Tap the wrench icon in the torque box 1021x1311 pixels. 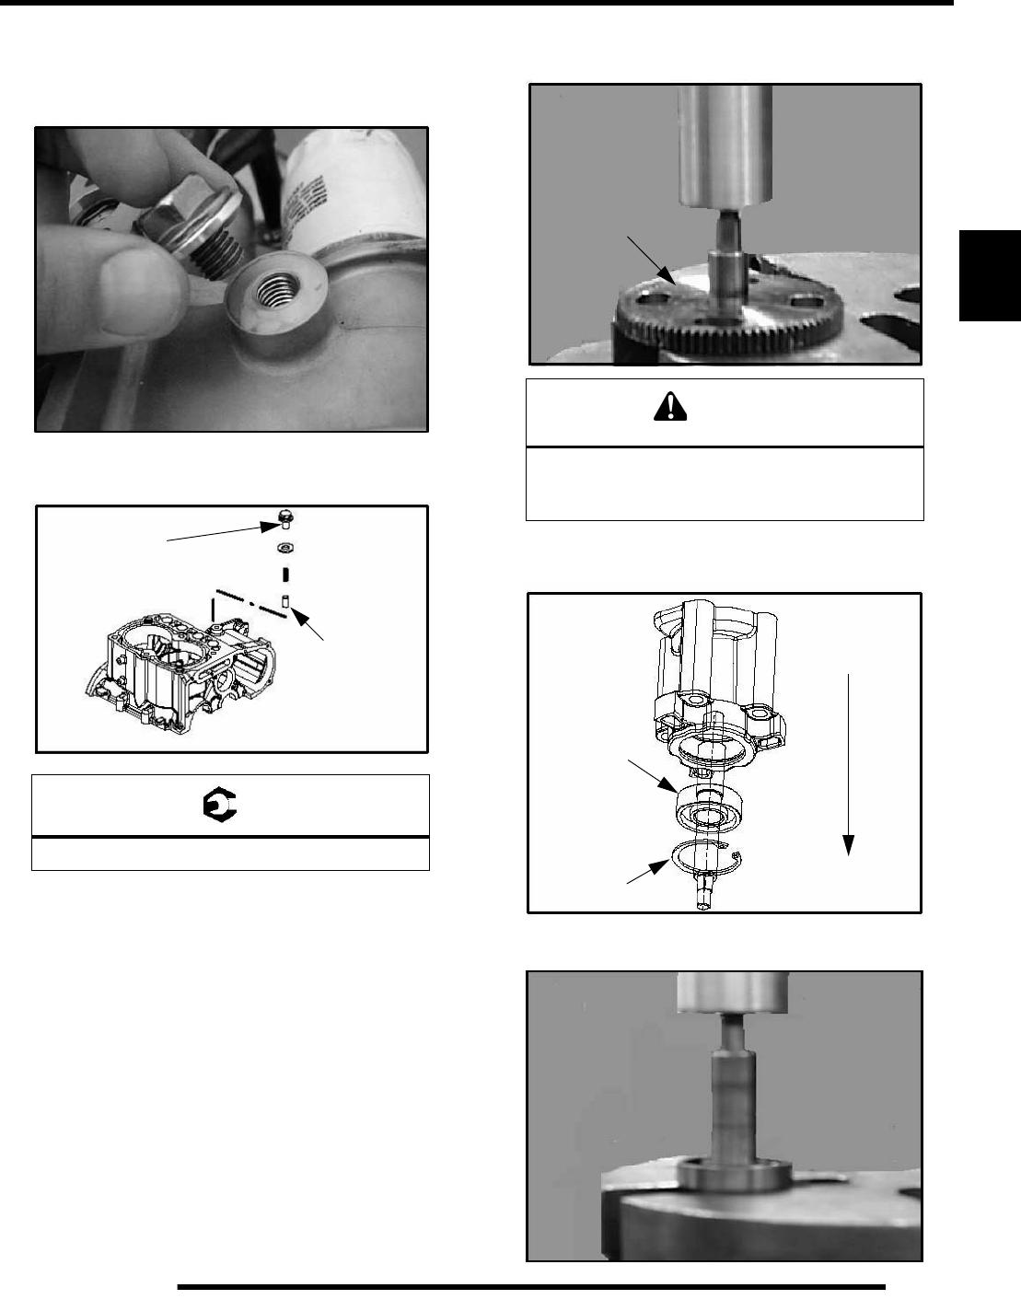pyautogui.click(x=220, y=806)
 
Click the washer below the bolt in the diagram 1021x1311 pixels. pyautogui.click(x=285, y=549)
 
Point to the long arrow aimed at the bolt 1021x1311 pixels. pyautogui.click(x=221, y=533)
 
